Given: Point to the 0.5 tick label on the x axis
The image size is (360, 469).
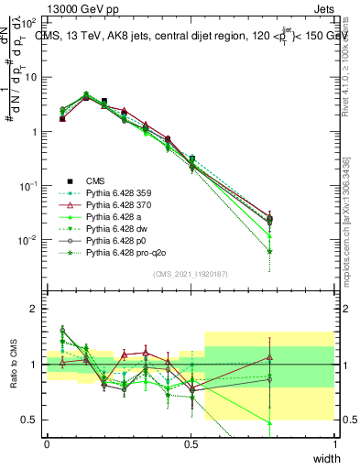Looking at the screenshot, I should click(x=191, y=444).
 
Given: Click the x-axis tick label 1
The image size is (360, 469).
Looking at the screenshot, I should click(x=335, y=444).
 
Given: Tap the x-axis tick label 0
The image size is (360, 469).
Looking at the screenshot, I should click(x=47, y=444).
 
